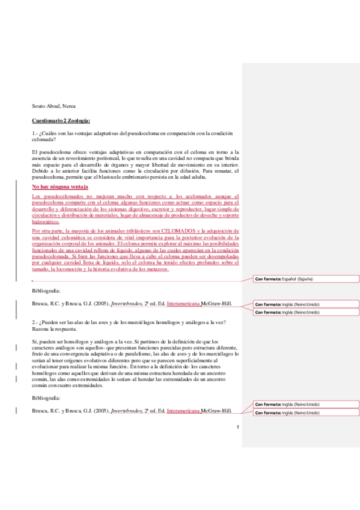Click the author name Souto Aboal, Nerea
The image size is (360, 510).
[x=53, y=106]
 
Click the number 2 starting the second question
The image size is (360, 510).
[x=34, y=323]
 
